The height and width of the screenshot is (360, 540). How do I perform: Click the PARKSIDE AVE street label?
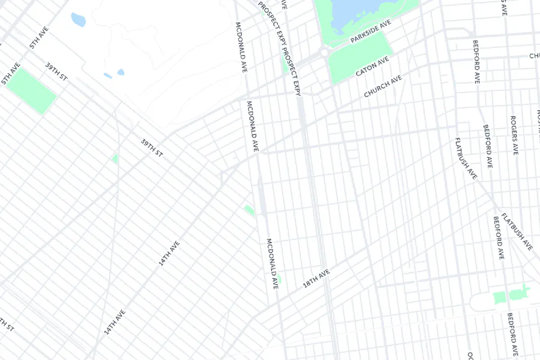[x=371, y=31]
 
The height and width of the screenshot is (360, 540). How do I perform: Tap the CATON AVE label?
[x=372, y=67]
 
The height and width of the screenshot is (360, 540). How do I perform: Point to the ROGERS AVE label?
[x=514, y=135]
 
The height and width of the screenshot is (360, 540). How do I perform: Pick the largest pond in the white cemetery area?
[x=78, y=20]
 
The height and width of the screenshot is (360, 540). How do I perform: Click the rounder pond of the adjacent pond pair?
[x=121, y=72]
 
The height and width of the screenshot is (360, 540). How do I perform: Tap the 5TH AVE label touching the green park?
[x=11, y=73]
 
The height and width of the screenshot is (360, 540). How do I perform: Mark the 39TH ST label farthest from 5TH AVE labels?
[x=152, y=148]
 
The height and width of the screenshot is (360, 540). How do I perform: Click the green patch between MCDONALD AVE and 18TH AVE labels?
[x=279, y=279]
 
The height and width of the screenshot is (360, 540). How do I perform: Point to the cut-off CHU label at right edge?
[x=534, y=56]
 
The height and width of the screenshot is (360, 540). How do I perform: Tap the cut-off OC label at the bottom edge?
[x=471, y=355]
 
